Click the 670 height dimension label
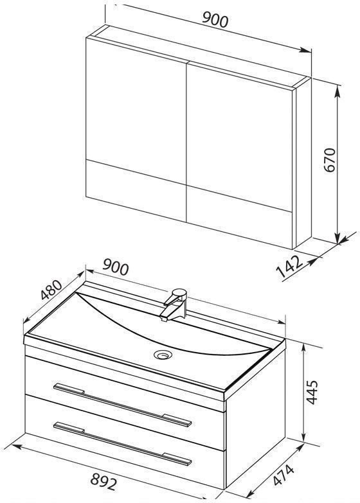[x=330, y=160]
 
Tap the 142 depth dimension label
[x=289, y=265]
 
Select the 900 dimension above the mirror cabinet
[x=215, y=20]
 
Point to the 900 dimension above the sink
[x=116, y=267]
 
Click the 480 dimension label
[x=51, y=289]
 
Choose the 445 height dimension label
[x=312, y=392]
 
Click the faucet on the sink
[x=175, y=304]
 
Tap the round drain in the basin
[x=163, y=355]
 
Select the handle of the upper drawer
[x=123, y=405]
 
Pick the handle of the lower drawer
[x=123, y=443]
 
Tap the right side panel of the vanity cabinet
[x=255, y=417]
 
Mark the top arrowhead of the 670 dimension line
[x=337, y=91]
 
